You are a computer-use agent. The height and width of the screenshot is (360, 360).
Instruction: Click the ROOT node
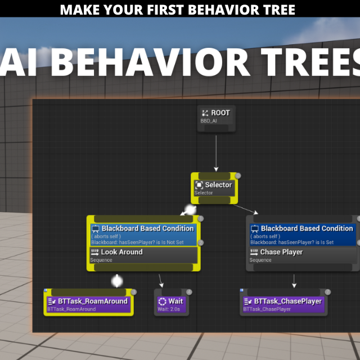(x=216, y=119)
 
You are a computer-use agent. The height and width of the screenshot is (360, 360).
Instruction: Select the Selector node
(x=214, y=188)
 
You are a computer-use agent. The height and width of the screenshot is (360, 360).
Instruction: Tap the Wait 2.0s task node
(x=172, y=303)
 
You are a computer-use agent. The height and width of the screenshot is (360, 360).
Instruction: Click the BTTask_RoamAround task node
(x=89, y=303)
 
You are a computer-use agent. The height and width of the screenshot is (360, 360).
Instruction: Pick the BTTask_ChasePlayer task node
(x=283, y=303)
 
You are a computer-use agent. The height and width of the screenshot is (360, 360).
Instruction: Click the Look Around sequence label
(x=121, y=252)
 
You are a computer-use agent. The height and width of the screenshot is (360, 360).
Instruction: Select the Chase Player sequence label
(x=281, y=252)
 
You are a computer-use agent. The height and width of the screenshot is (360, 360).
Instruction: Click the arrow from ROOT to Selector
(x=216, y=154)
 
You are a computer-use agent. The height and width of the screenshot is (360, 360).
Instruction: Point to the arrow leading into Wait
(x=161, y=281)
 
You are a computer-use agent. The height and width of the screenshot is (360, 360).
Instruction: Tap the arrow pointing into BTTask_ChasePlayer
(x=294, y=281)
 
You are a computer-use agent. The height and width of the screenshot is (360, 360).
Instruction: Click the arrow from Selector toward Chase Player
(x=246, y=209)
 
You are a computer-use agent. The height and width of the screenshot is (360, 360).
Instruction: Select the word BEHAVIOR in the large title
(x=150, y=62)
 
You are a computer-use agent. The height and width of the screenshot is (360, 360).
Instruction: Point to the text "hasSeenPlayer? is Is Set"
(x=306, y=242)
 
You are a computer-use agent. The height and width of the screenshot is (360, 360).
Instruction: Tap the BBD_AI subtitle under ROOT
(x=209, y=121)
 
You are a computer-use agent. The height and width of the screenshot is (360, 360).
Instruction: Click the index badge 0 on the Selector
(x=238, y=175)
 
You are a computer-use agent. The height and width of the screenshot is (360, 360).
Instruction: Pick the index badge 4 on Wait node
(x=189, y=292)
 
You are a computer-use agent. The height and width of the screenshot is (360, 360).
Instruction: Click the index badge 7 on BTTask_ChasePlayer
(x=327, y=292)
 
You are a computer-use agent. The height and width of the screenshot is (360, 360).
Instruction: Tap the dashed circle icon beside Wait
(x=162, y=301)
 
